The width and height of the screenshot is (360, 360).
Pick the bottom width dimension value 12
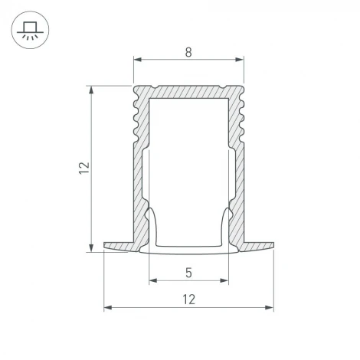(188, 300)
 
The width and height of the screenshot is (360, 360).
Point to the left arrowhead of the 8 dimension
(137, 58)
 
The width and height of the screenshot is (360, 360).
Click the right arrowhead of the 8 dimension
(241, 58)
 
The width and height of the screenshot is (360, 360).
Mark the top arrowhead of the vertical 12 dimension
(93, 88)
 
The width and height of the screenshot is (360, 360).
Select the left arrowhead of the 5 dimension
(152, 279)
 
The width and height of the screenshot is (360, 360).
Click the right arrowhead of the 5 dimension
(227, 279)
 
